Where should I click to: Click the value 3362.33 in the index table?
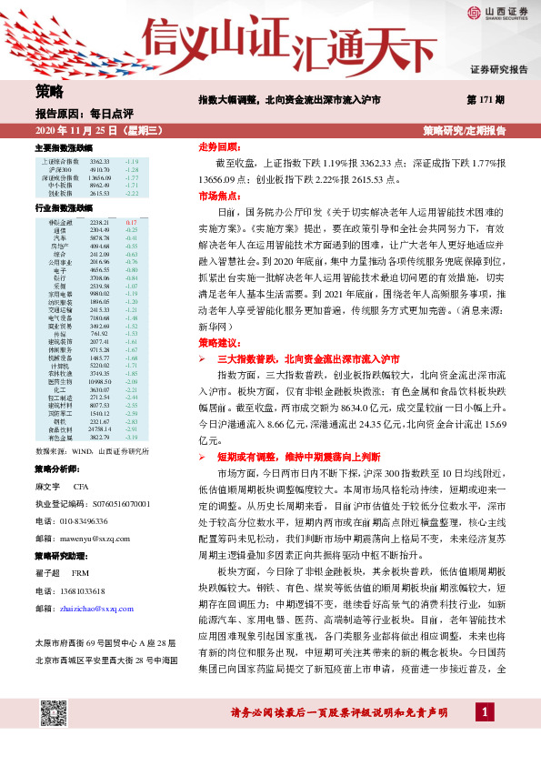100,161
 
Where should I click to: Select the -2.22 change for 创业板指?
132,194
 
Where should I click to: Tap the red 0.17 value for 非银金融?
132,222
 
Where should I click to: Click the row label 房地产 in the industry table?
60,247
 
